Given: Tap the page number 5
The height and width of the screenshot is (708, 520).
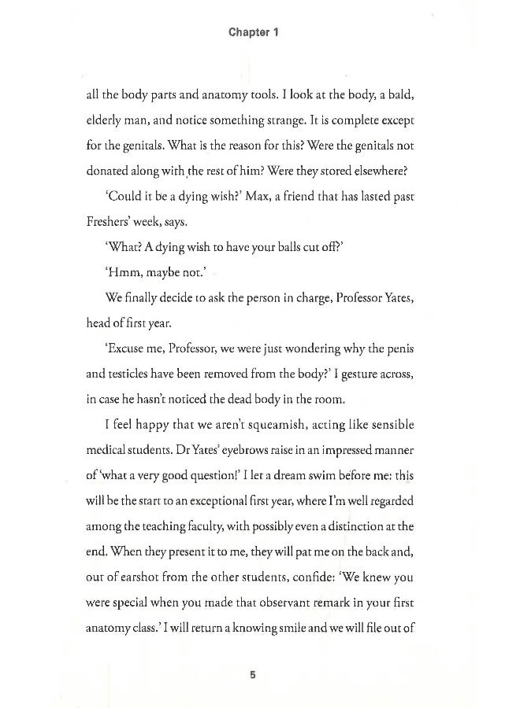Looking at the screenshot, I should point(253,675).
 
